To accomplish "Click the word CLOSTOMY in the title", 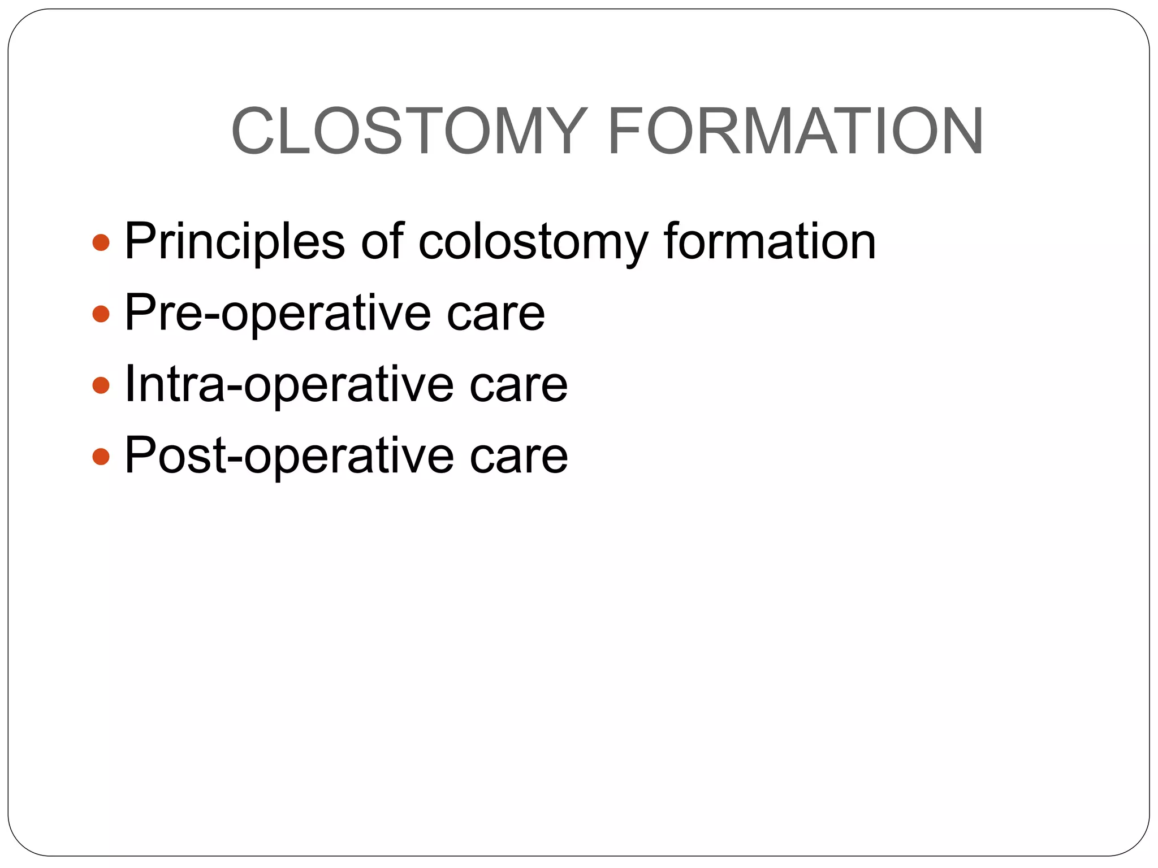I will [407, 131].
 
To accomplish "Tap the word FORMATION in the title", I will [796, 131].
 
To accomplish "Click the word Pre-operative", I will [277, 314].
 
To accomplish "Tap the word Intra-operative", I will [288, 385].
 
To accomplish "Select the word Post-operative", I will [288, 456].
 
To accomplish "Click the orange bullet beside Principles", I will [100, 243].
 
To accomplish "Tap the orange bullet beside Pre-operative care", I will [100, 314].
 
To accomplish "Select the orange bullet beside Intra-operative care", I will [100, 385].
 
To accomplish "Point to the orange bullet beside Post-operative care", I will [100, 457].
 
